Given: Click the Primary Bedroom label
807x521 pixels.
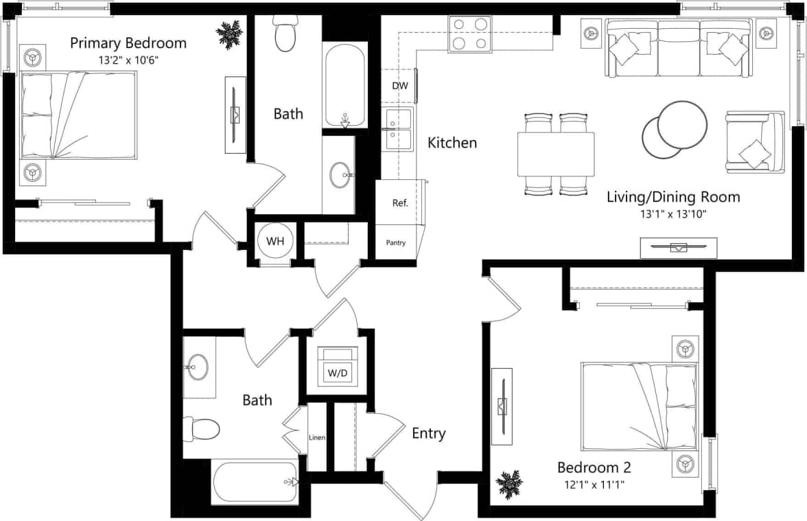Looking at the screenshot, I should (x=128, y=43).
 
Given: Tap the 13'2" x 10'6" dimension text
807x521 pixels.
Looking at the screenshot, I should (x=128, y=60).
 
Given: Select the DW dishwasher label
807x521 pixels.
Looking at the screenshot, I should (x=399, y=86).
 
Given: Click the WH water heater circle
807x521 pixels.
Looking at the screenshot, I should (x=275, y=242).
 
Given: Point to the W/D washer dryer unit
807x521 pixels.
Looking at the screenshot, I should (x=337, y=366).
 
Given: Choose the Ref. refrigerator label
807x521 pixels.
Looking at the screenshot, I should (x=400, y=203).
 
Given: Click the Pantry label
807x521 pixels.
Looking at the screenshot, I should (x=396, y=242).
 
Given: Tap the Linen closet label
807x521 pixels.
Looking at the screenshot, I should (x=316, y=437).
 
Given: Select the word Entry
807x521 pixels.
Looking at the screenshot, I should (x=428, y=434).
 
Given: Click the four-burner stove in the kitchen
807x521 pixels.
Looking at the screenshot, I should (x=470, y=34).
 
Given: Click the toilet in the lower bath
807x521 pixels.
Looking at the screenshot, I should (x=202, y=430).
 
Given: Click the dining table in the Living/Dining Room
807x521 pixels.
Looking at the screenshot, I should (x=556, y=154).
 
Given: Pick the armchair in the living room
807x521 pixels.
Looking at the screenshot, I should (x=753, y=141).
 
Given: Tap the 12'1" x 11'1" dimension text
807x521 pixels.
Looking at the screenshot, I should (x=594, y=485).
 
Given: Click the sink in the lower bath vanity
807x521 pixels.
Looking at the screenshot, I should (x=198, y=367).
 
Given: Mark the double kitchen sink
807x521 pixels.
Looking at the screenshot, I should (x=398, y=128).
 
